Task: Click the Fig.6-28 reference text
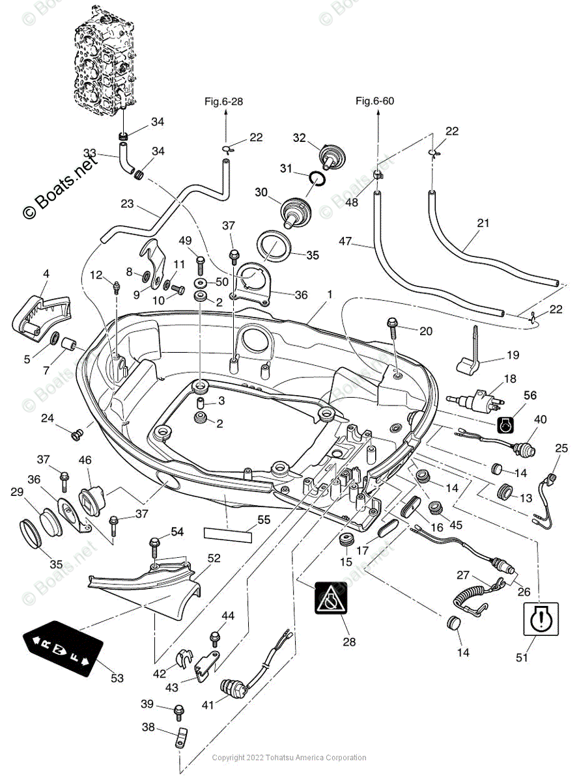click(224, 101)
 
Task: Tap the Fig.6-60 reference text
click(374, 101)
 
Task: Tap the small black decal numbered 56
click(506, 424)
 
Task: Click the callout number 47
click(345, 242)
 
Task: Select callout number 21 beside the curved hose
click(482, 223)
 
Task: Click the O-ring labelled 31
click(316, 178)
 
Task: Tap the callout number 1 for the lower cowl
click(330, 295)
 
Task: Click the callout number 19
click(513, 355)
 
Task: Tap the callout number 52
click(214, 558)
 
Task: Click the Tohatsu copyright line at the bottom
click(289, 758)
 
